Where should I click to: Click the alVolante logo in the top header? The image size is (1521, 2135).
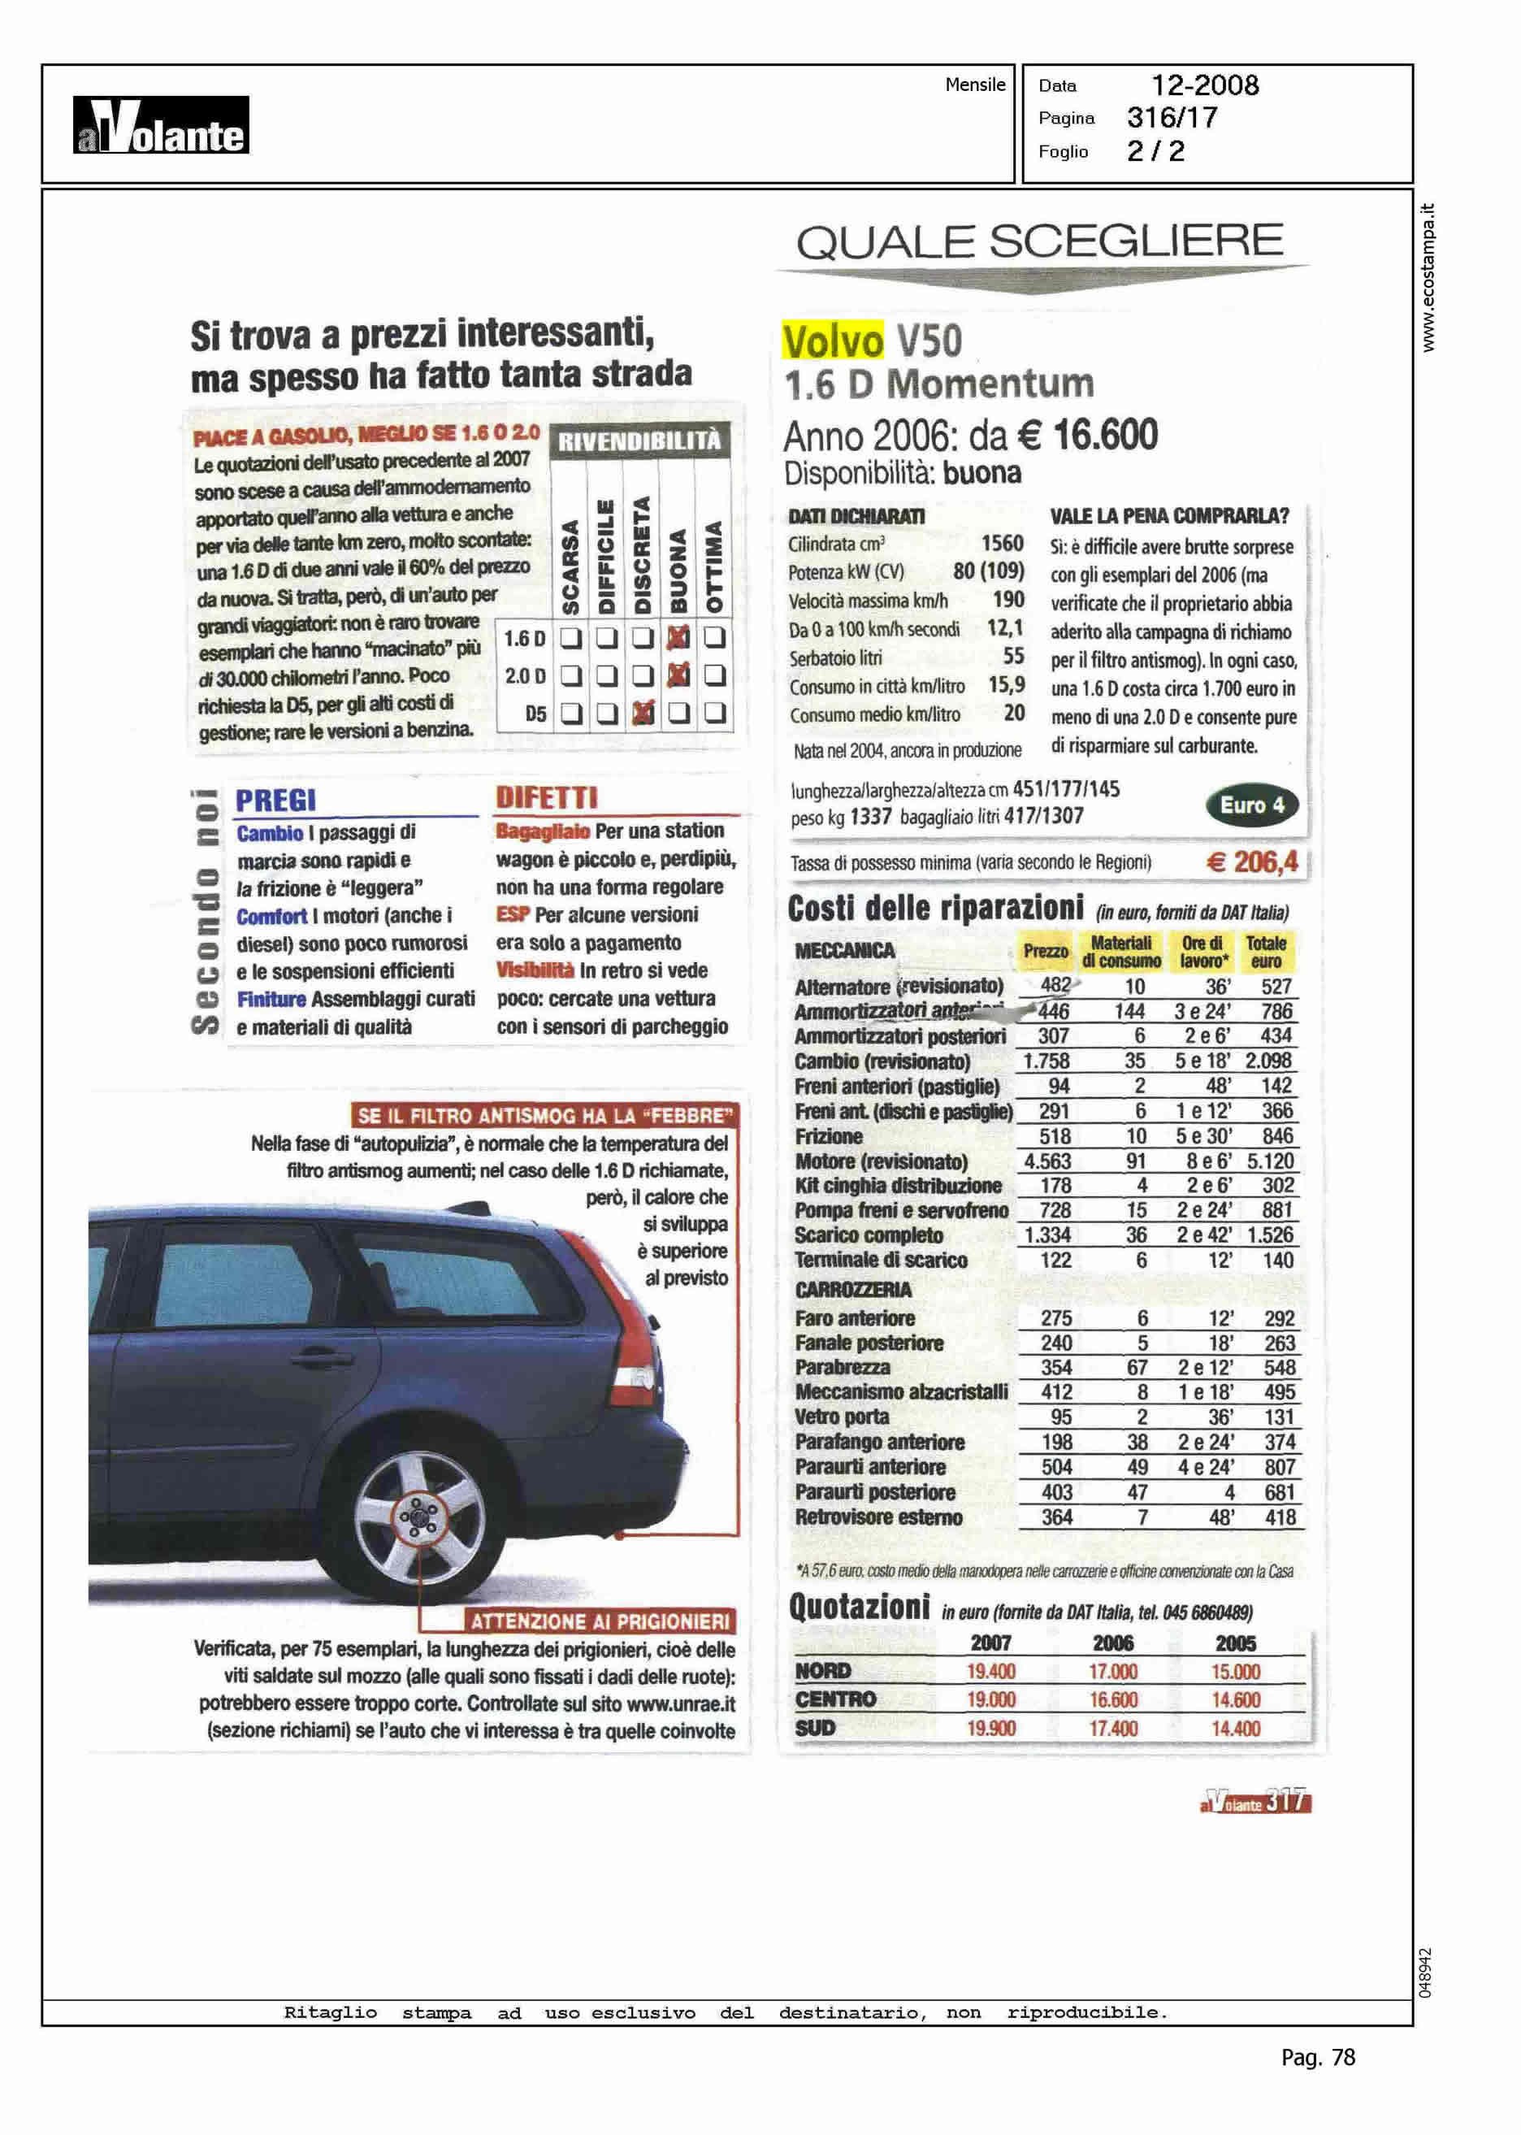(x=161, y=125)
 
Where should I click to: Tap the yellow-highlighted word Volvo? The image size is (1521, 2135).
(x=833, y=341)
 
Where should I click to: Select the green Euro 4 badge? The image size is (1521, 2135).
(x=1251, y=805)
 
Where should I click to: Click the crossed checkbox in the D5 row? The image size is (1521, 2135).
(x=643, y=713)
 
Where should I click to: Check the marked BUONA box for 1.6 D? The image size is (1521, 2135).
(x=678, y=638)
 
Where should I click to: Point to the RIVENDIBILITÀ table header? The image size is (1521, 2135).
(x=639, y=441)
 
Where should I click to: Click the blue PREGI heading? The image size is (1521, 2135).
(x=275, y=800)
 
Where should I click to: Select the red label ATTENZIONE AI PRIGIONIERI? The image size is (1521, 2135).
(x=600, y=1621)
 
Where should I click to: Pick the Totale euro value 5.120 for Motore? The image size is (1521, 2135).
(x=1269, y=1161)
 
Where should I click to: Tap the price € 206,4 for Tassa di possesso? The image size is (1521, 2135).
(x=1251, y=861)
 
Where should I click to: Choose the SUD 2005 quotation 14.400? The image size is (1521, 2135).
(x=1235, y=1729)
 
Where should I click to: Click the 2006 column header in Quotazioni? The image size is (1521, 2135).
(x=1112, y=1643)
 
